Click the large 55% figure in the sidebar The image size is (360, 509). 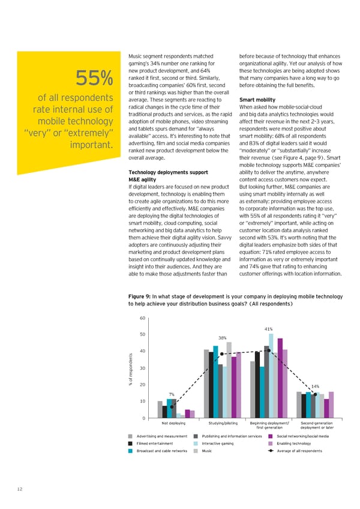(x=94, y=78)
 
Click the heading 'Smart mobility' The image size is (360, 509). (x=257, y=100)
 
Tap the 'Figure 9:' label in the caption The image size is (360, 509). (x=140, y=297)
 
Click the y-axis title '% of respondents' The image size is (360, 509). (x=129, y=368)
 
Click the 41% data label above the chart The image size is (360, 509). (x=269, y=329)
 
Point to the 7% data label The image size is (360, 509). (x=172, y=394)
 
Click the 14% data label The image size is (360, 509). (x=315, y=386)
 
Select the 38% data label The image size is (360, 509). (x=221, y=337)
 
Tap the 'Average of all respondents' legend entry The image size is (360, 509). (x=299, y=450)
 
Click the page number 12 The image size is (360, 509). (x=20, y=490)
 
